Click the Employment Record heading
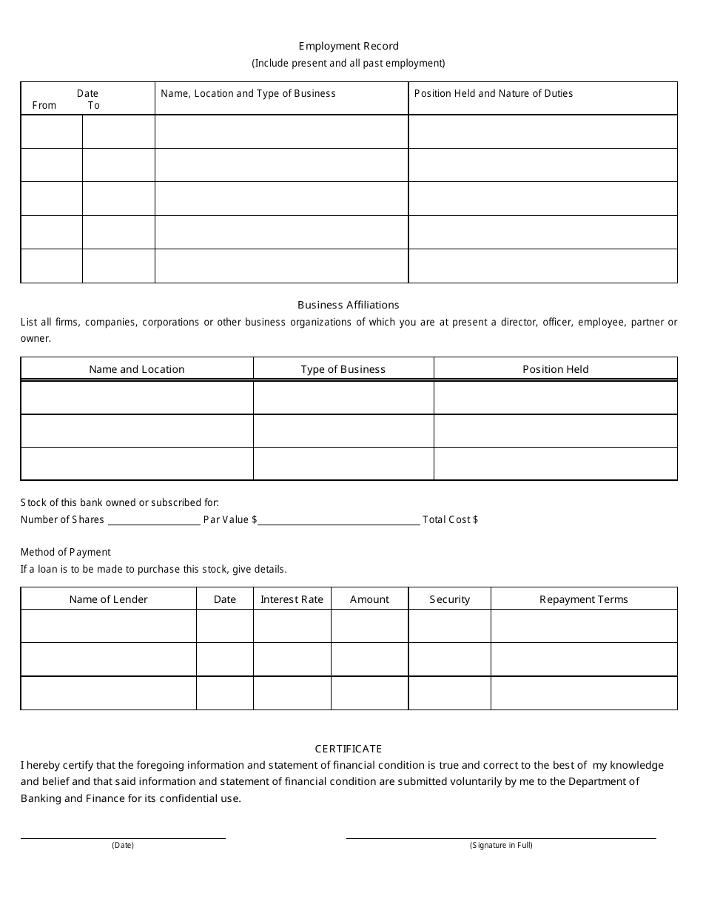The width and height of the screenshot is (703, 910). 349,46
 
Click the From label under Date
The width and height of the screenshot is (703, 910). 44,105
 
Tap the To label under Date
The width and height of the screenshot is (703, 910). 94,105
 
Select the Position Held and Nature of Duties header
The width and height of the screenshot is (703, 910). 494,93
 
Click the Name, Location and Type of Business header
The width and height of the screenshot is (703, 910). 248,93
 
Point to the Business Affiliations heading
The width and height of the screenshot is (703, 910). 349,305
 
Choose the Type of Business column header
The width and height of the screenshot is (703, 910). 343,369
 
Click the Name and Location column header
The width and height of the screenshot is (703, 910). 137,369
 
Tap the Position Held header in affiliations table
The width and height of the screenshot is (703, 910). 556,369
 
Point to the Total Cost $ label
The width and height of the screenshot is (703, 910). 450,519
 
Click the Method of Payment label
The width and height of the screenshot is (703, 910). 66,552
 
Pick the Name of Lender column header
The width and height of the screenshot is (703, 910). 109,599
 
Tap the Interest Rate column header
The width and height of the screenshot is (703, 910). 292,599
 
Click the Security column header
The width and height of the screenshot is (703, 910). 450,599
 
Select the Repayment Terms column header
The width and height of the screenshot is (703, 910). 584,599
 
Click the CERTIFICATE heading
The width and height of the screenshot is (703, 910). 349,749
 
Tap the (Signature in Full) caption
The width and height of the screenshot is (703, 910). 501,845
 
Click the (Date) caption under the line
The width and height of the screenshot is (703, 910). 123,845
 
